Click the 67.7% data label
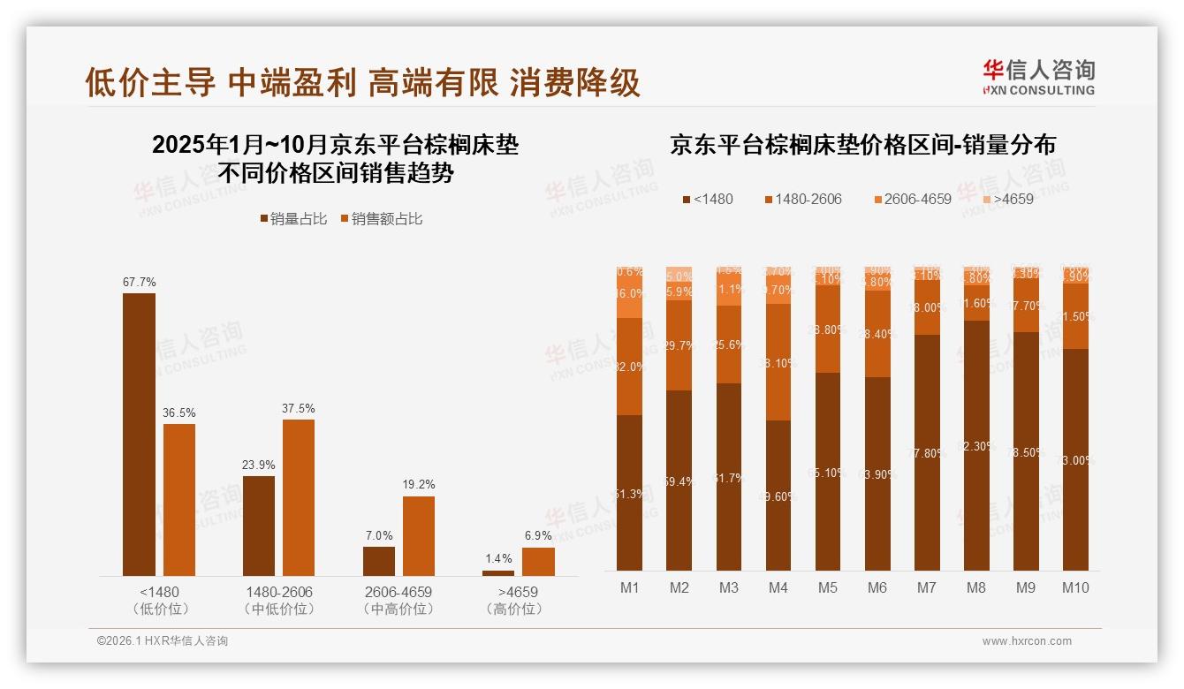(139, 283)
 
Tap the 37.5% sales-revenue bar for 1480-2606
(299, 497)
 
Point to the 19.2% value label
(419, 485)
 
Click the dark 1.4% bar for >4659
(498, 573)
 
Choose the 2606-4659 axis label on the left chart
(398, 592)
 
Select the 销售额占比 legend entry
(381, 219)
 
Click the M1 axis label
(630, 587)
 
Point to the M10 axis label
(1075, 587)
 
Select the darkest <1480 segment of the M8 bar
(976, 445)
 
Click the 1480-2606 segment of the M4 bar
(778, 362)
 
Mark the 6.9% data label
(538, 536)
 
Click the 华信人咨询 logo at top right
(1038, 77)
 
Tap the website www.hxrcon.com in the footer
(1027, 641)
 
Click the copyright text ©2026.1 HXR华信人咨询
(163, 641)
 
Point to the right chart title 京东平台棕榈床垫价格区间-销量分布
(862, 146)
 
